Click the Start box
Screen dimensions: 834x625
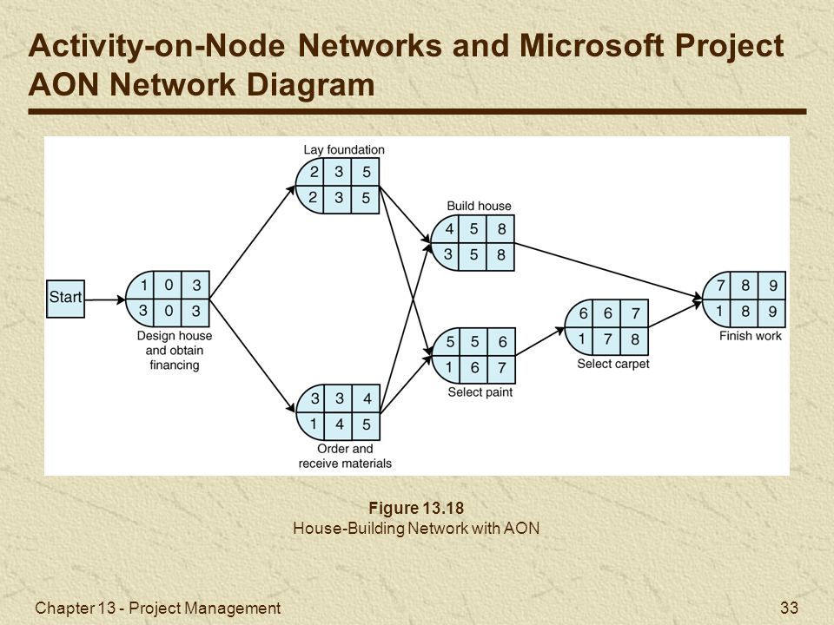click(65, 299)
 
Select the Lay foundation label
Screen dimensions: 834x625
click(344, 150)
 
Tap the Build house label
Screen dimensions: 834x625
click(479, 206)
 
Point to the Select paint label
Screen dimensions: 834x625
click(480, 392)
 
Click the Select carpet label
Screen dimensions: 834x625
click(613, 364)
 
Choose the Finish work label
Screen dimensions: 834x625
click(750, 336)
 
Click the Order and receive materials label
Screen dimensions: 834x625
click(345, 456)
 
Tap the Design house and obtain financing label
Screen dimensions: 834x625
click(175, 350)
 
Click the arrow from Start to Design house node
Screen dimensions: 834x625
click(105, 299)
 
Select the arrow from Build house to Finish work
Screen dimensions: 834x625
click(608, 271)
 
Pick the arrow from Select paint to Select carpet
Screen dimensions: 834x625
click(539, 341)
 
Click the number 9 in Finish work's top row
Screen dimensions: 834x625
click(773, 286)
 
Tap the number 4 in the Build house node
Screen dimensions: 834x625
click(449, 229)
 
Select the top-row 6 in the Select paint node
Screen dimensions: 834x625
click(502, 342)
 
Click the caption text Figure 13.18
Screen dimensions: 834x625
click(416, 508)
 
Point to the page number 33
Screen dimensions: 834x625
click(790, 608)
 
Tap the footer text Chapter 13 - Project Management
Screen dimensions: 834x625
click(157, 608)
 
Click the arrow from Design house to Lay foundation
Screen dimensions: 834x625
click(252, 242)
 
